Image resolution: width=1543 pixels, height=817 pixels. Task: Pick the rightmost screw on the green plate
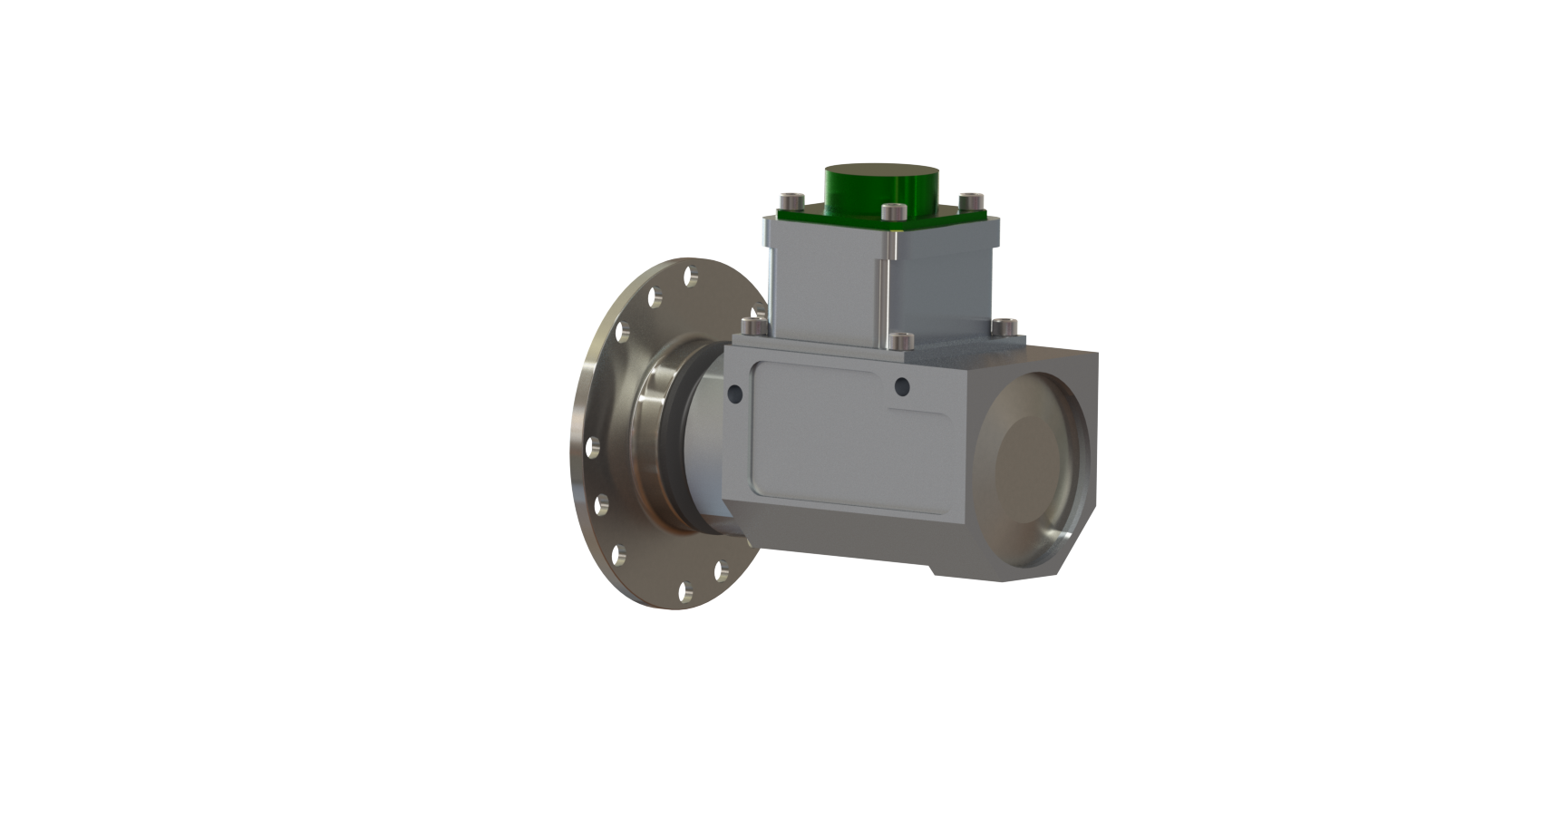pos(970,199)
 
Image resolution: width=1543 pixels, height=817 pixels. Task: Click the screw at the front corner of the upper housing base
pos(898,340)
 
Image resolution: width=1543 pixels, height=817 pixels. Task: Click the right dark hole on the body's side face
pos(900,388)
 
